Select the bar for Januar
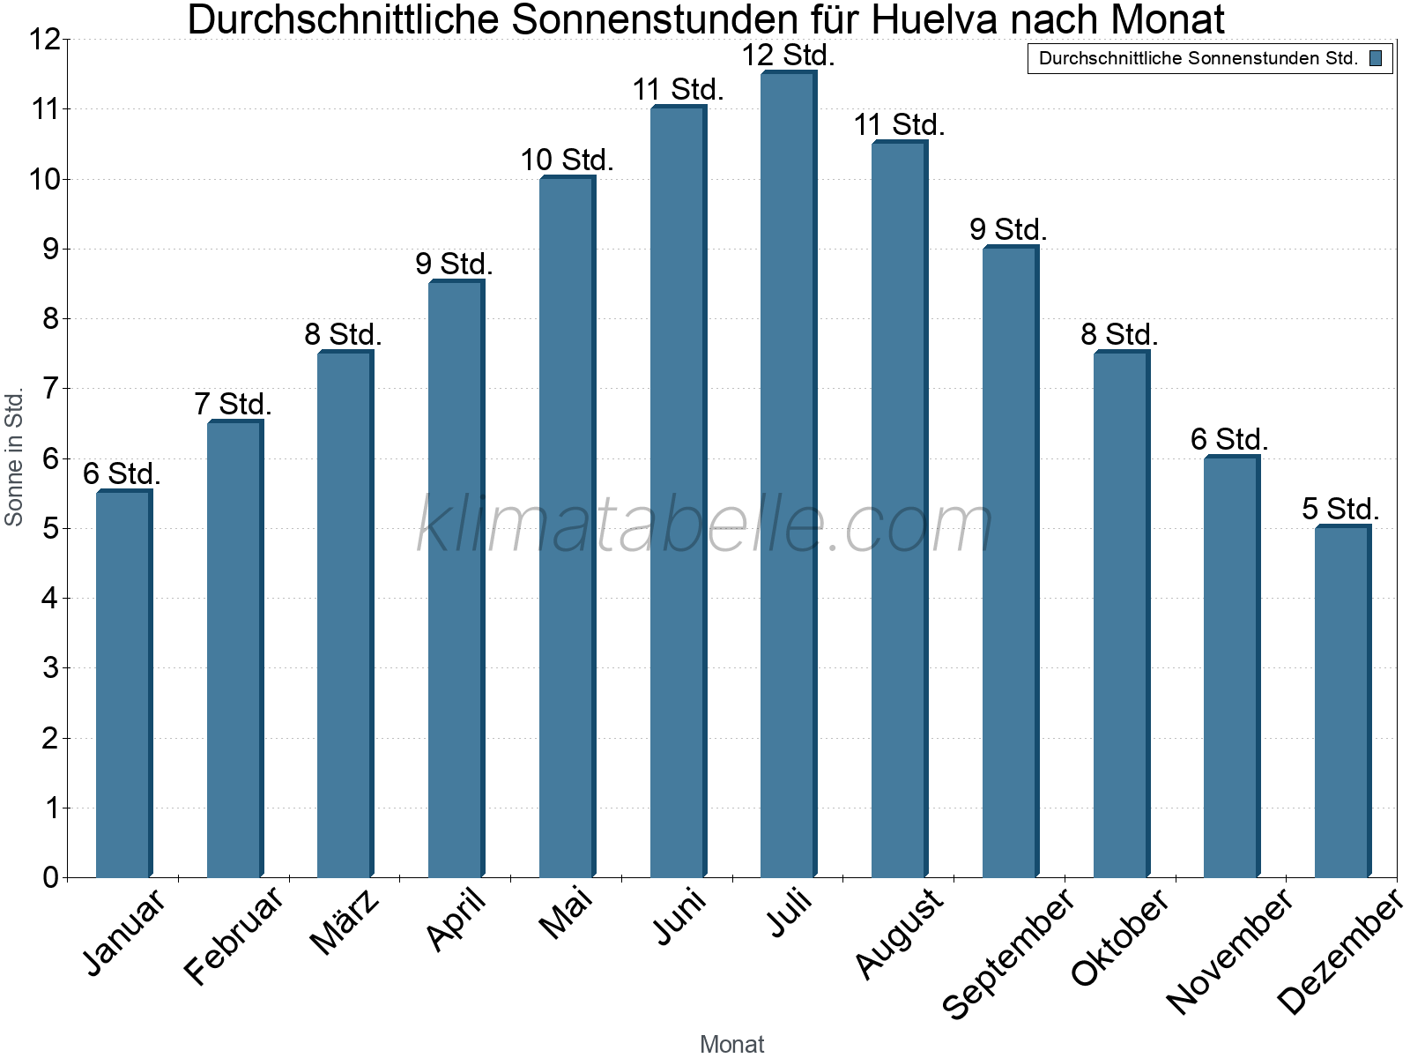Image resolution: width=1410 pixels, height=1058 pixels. tap(123, 683)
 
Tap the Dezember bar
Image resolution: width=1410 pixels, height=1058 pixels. tap(1342, 701)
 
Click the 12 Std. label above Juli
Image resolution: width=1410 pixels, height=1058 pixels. tap(788, 56)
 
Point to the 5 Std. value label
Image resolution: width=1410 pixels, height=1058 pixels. tap(1340, 509)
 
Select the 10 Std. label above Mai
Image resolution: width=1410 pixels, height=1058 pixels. tap(567, 160)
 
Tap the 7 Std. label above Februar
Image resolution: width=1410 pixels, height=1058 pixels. tap(234, 405)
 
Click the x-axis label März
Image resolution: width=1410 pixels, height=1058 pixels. tap(345, 921)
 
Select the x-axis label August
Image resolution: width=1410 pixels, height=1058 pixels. tap(899, 933)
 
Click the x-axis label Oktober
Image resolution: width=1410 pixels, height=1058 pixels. tap(1120, 936)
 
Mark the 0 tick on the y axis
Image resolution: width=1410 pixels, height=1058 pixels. tap(50, 877)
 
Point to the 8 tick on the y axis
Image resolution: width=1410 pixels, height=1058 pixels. tap(50, 318)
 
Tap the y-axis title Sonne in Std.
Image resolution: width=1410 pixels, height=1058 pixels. tap(14, 458)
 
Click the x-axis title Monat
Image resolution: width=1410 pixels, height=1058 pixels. tap(731, 1044)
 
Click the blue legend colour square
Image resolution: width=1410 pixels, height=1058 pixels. tap(1375, 59)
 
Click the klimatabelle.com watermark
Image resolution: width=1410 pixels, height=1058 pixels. tap(705, 525)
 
